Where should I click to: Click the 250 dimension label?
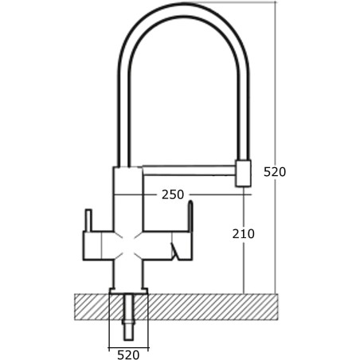coord(172,194)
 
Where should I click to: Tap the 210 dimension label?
coord(243,234)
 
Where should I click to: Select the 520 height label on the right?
coord(275,172)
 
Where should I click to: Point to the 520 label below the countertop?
coord(128,355)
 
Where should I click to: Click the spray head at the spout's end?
coord(243,173)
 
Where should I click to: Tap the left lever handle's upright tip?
coord(88,217)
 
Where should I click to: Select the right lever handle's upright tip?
coord(190,211)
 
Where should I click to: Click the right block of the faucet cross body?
coord(178,238)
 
